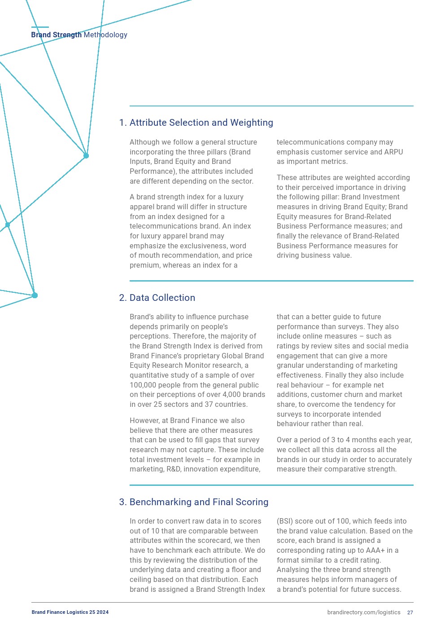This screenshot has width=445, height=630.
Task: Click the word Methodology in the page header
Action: click(x=105, y=35)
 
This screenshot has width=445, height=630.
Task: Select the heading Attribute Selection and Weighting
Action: click(x=201, y=123)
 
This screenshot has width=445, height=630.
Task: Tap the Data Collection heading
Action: click(x=162, y=298)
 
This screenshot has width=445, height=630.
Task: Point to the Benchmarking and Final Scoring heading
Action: click(x=199, y=502)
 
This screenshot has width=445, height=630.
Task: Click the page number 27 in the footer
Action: click(x=410, y=612)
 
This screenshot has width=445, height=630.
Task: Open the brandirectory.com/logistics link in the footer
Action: click(x=363, y=612)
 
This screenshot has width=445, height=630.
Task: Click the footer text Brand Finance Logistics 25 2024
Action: click(x=70, y=612)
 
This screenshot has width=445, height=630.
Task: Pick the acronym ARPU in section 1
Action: click(x=393, y=152)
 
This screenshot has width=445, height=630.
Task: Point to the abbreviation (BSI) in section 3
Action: click(x=284, y=521)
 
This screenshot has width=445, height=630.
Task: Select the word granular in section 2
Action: click(x=291, y=366)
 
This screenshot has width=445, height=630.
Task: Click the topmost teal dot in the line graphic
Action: click(x=86, y=156)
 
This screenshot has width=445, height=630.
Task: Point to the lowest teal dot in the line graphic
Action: click(x=35, y=295)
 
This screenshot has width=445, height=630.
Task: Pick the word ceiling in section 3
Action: click(x=141, y=580)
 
